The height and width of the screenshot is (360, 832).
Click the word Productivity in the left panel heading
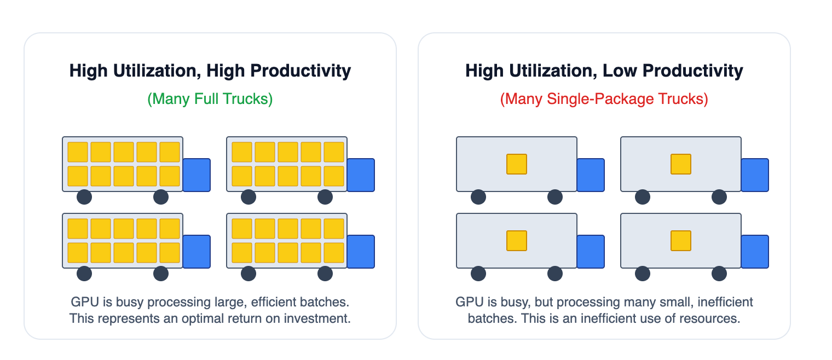tap(301, 71)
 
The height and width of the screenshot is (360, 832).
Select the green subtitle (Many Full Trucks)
tap(210, 98)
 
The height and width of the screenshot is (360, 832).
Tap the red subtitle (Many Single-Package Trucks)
tap(604, 98)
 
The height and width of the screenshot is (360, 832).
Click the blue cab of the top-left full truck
tap(197, 175)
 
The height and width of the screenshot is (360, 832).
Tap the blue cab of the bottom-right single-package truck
tap(755, 252)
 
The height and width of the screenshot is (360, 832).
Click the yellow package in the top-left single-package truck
tap(517, 164)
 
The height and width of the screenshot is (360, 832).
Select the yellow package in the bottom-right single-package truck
tap(681, 241)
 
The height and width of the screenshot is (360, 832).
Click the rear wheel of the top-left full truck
tap(84, 197)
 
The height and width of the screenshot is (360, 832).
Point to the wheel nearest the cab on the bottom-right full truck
tap(325, 274)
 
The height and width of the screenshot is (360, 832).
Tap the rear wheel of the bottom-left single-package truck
tap(478, 274)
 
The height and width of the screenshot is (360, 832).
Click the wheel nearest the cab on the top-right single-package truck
tap(719, 197)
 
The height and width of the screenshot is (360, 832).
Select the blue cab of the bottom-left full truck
tap(197, 252)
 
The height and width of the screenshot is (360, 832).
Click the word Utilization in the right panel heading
tap(553, 71)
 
